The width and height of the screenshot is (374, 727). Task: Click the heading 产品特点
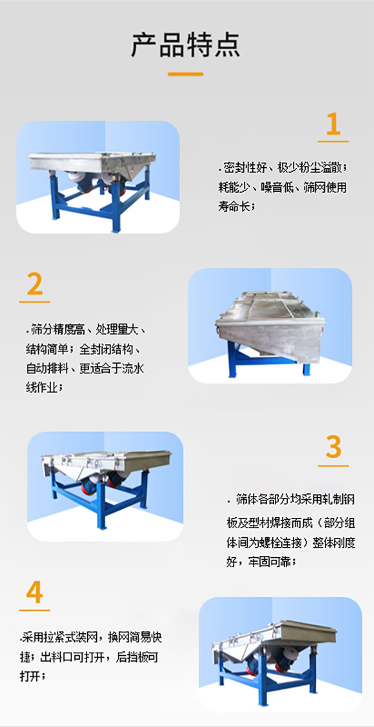point(186,45)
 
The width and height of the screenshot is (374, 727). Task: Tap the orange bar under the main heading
point(186,74)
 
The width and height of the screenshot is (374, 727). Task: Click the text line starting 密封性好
point(282,167)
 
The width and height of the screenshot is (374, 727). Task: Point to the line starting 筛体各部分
point(294,499)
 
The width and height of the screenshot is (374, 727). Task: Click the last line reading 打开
point(33,676)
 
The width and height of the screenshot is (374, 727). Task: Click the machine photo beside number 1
point(98,177)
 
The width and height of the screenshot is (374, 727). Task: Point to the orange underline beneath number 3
point(333,466)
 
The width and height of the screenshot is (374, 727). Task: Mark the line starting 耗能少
point(282,187)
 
